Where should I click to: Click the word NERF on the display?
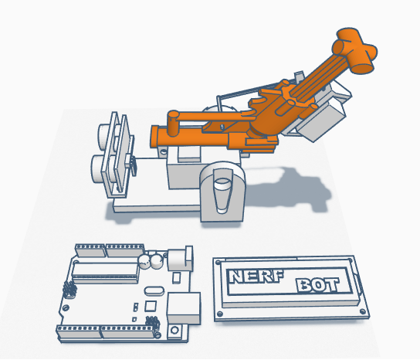point(256,277)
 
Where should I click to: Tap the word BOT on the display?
point(317,285)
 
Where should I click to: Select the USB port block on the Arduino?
point(184,308)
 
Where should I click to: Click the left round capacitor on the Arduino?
point(144,261)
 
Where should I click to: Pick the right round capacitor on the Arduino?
point(156,261)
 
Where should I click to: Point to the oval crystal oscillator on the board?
point(154,290)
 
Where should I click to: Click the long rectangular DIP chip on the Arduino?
point(106,273)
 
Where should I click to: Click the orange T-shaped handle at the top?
point(354,50)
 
